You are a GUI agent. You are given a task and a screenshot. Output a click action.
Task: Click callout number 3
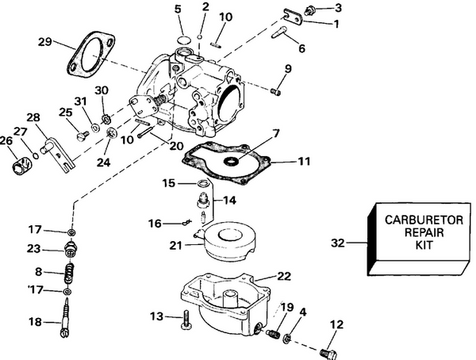340,8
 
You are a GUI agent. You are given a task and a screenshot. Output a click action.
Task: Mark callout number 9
288,68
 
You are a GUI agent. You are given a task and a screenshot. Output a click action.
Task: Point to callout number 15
169,183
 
